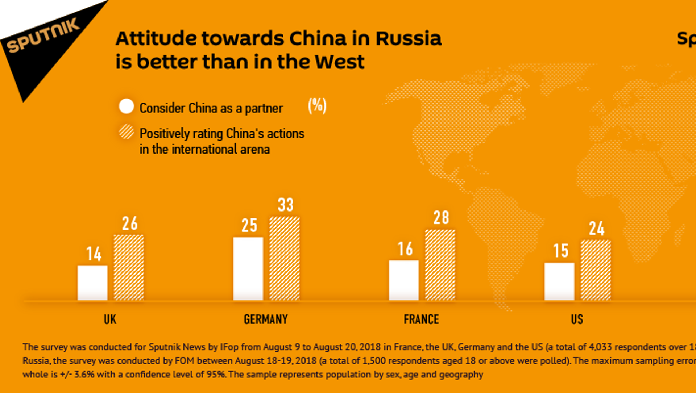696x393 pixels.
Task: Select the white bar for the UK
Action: click(x=92, y=283)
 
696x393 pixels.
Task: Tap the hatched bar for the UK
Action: click(x=129, y=267)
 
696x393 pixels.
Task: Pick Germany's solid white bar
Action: click(x=248, y=268)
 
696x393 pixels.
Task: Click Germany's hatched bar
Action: click(x=284, y=258)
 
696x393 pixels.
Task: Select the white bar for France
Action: click(x=403, y=280)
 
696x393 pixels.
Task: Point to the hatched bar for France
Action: click(x=440, y=265)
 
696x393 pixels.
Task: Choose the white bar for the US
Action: click(x=559, y=281)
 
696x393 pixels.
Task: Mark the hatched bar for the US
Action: click(x=596, y=270)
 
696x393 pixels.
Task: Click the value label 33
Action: click(x=285, y=205)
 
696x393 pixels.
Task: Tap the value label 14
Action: click(x=94, y=254)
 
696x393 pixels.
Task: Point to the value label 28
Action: click(x=441, y=218)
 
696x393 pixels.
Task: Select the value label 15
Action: click(x=560, y=251)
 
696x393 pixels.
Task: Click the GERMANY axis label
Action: click(x=266, y=319)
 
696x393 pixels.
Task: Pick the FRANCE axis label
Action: click(x=421, y=319)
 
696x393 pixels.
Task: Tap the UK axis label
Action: click(x=110, y=319)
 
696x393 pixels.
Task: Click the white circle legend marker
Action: click(x=127, y=106)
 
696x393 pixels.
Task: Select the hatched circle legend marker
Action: click(x=127, y=132)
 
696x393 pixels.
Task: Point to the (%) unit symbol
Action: click(x=317, y=106)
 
